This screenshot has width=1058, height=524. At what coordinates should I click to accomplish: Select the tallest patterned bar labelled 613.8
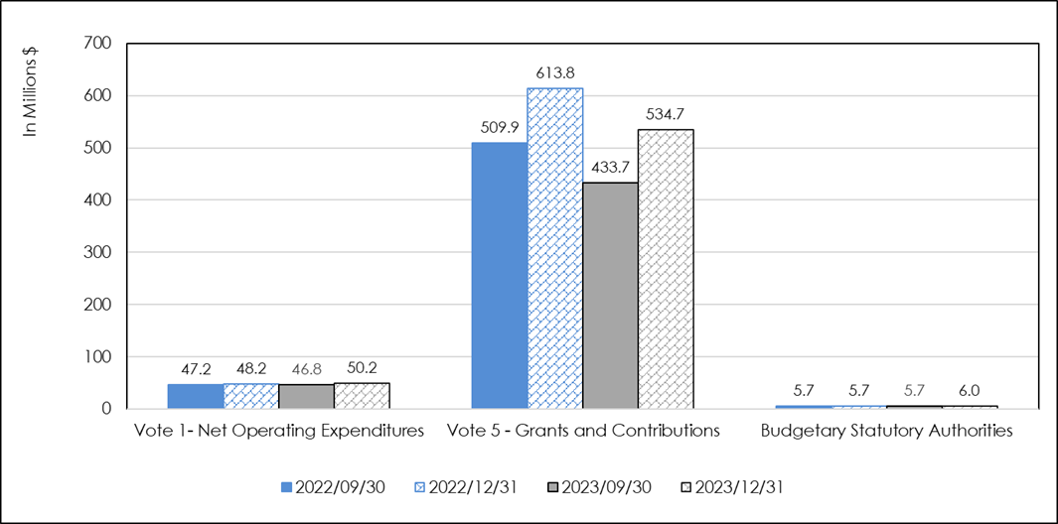[x=555, y=248]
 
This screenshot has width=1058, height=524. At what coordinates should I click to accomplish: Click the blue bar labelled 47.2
[x=196, y=396]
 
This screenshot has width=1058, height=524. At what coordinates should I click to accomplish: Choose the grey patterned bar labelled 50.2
[x=362, y=395]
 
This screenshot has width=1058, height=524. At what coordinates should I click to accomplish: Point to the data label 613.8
[x=555, y=73]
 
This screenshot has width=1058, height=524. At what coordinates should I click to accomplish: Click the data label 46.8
[x=306, y=367]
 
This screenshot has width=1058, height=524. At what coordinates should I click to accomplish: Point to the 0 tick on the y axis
[x=106, y=409]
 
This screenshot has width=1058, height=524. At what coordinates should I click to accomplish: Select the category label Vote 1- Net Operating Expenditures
[x=279, y=432]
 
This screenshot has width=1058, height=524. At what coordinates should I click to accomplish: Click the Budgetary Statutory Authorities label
[x=886, y=432]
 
